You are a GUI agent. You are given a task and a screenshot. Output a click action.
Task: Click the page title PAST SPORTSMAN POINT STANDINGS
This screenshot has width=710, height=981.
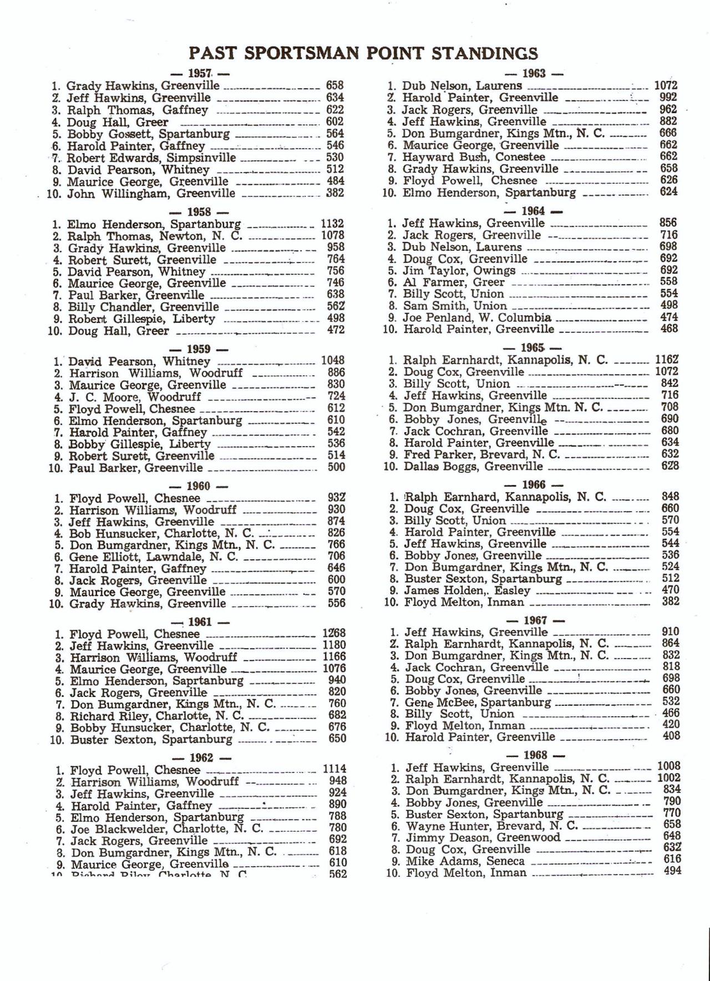(x=363, y=53)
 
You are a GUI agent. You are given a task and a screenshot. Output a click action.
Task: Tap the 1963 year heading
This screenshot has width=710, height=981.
(x=535, y=73)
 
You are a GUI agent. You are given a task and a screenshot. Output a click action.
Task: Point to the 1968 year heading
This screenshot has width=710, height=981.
(x=535, y=755)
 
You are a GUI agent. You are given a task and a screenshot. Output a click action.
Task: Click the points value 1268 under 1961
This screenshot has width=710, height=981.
(x=334, y=633)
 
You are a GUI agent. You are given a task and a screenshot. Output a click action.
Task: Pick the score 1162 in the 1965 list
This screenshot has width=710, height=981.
(x=667, y=359)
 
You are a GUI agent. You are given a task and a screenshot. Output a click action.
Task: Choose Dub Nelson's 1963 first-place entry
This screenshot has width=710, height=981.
(x=461, y=86)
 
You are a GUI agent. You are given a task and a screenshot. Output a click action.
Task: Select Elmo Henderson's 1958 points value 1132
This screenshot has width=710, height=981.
(x=333, y=224)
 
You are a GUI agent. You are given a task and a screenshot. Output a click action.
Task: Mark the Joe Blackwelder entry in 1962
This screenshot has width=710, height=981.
(x=166, y=829)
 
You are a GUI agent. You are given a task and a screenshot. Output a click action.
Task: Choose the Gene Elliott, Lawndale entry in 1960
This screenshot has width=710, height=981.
(x=154, y=557)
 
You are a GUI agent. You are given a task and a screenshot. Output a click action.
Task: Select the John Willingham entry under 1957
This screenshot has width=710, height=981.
(x=151, y=194)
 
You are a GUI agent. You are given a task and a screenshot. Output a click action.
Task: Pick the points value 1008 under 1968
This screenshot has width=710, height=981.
(x=668, y=767)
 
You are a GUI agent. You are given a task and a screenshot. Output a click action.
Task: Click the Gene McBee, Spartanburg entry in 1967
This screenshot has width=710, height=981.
(x=478, y=702)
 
